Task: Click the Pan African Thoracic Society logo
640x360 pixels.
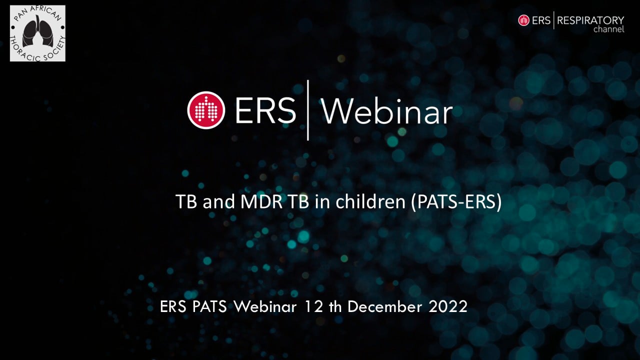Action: point(37,33)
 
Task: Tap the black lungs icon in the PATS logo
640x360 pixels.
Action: point(37,31)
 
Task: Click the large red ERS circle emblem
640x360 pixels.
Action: point(206,110)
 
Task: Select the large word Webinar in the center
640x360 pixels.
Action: point(387,111)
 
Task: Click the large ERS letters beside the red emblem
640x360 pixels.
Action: point(265,111)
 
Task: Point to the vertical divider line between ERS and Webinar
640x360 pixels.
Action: point(307,110)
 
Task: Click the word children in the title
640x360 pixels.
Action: point(370,201)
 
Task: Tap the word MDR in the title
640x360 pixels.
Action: point(261,201)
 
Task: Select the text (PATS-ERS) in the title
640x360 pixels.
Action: point(456,201)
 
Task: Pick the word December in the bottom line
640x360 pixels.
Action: point(384,306)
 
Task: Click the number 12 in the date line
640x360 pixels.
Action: point(314,306)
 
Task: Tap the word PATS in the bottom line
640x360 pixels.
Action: point(209,306)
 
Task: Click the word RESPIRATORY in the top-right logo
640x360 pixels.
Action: point(590,20)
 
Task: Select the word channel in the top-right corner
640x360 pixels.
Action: point(609,29)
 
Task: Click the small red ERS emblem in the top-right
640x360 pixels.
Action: point(523,20)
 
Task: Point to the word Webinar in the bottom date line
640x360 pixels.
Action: point(265,306)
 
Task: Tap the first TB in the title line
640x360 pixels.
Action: point(186,201)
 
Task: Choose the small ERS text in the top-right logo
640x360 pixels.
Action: point(541,20)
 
